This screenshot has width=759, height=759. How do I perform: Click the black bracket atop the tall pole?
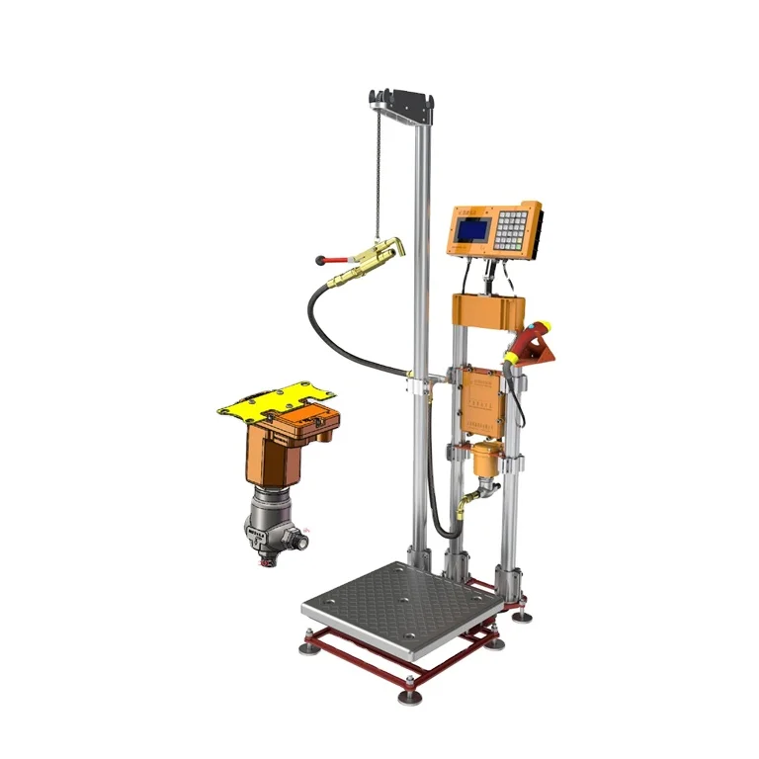point(403,101)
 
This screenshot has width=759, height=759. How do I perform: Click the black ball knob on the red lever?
point(319,261)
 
